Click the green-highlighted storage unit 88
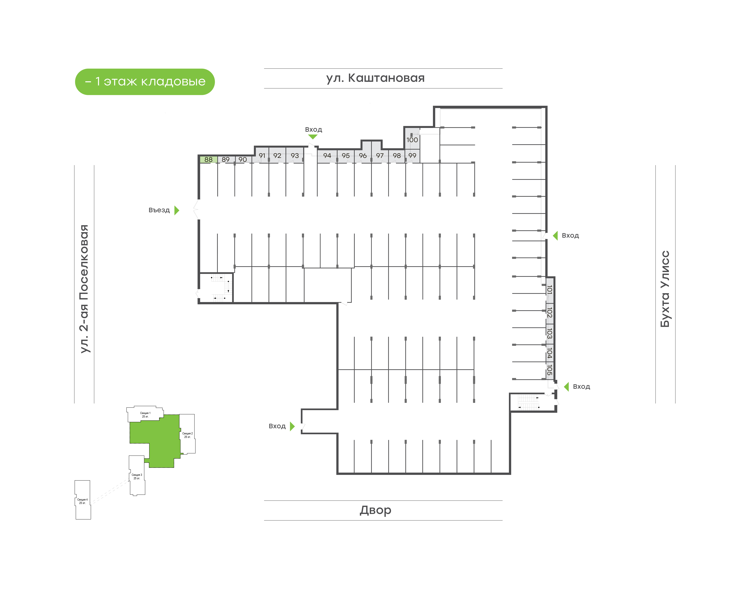(x=208, y=159)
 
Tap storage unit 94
(x=327, y=155)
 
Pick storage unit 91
(x=262, y=155)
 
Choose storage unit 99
(x=412, y=155)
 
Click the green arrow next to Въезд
(x=177, y=210)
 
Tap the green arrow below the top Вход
(x=313, y=137)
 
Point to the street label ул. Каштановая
(x=375, y=78)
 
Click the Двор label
(x=375, y=510)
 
